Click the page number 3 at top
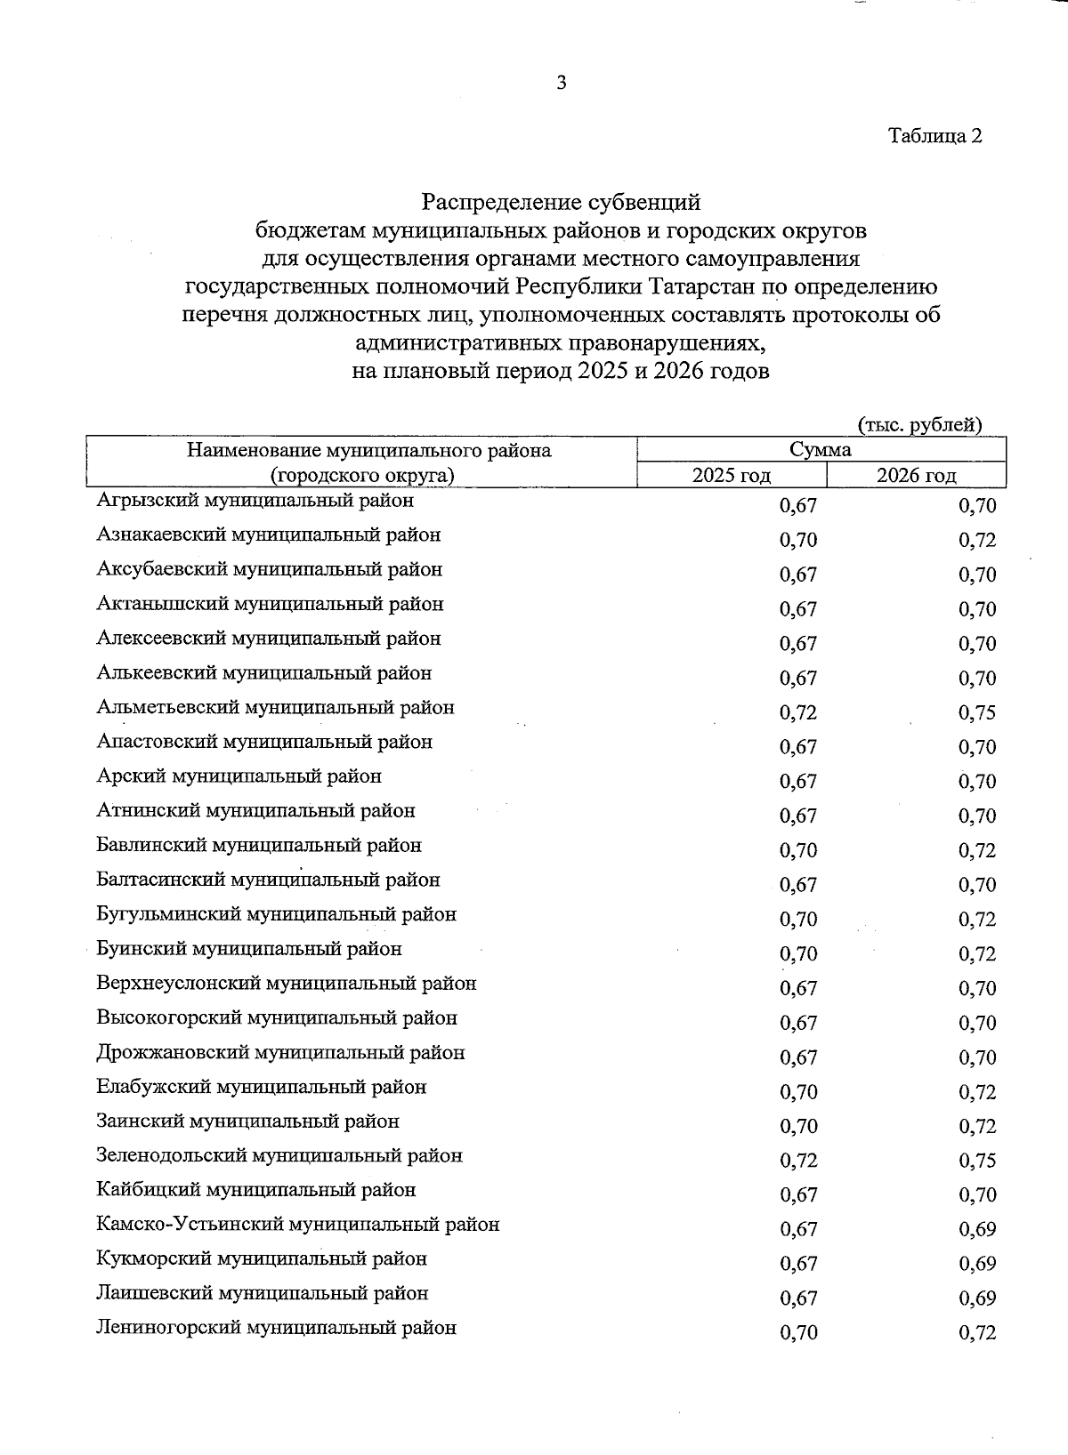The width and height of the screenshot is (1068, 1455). [x=561, y=84]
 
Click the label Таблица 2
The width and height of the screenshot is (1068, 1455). [x=934, y=136]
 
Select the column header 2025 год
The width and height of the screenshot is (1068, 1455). [x=732, y=476]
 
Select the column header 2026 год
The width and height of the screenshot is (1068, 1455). [x=916, y=476]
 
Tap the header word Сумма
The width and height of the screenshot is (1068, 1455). [x=821, y=450]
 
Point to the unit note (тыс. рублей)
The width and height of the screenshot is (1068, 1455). [x=919, y=425]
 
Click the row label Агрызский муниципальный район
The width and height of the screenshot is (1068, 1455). [x=255, y=501]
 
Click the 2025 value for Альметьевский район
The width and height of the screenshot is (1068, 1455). [x=798, y=712]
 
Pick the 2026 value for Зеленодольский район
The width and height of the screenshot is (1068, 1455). [x=977, y=1161]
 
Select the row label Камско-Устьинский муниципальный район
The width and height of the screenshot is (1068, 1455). [x=298, y=1225]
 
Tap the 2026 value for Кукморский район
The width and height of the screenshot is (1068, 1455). [x=977, y=1264]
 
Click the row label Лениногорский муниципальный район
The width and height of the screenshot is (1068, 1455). [x=277, y=1328]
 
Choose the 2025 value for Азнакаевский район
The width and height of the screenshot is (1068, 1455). [x=798, y=540]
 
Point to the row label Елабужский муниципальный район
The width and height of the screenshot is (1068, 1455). [x=262, y=1087]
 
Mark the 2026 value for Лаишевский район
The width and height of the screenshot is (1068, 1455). [x=977, y=1298]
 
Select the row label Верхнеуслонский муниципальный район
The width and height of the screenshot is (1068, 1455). [x=287, y=984]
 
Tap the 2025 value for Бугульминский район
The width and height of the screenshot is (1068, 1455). [x=798, y=920]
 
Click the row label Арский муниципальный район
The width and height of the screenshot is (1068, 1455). [x=239, y=776]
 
